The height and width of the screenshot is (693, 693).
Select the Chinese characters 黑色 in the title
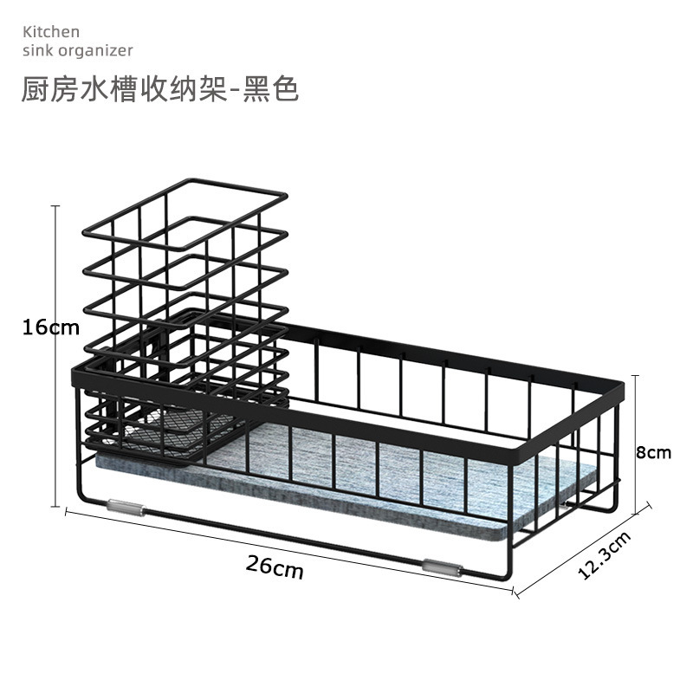(x=271, y=89)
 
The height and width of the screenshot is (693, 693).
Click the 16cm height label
(x=50, y=327)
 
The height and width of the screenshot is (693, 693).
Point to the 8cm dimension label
(x=653, y=452)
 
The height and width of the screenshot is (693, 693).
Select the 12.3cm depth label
(x=604, y=554)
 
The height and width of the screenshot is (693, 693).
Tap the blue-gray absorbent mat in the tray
(x=364, y=494)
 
